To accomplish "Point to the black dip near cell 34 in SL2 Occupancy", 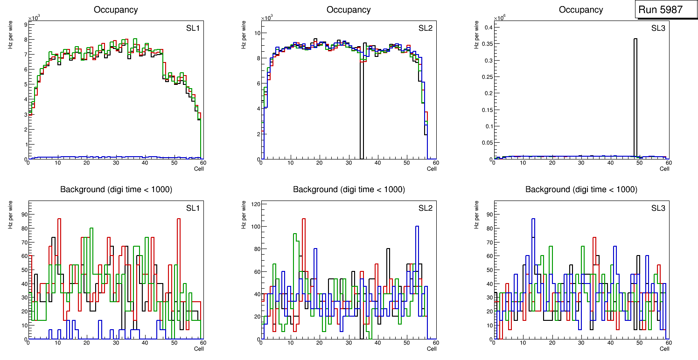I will click(362, 117).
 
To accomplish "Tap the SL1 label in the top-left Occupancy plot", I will click(192, 28).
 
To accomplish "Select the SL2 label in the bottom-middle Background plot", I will click(425, 208).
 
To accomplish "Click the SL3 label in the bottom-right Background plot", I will click(658, 208).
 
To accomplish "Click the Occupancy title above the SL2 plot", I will click(349, 10).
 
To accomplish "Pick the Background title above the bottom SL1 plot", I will click(116, 189).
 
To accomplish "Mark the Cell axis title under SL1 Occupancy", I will click(199, 169).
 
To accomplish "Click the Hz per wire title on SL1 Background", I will click(11, 215).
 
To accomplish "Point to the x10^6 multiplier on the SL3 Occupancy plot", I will click(500, 18).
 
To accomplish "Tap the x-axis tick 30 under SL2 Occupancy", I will click(348, 163).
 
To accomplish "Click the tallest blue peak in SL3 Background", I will click(533, 219).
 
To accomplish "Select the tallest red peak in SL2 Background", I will click(304, 218).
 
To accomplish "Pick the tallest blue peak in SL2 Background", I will click(417, 227).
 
